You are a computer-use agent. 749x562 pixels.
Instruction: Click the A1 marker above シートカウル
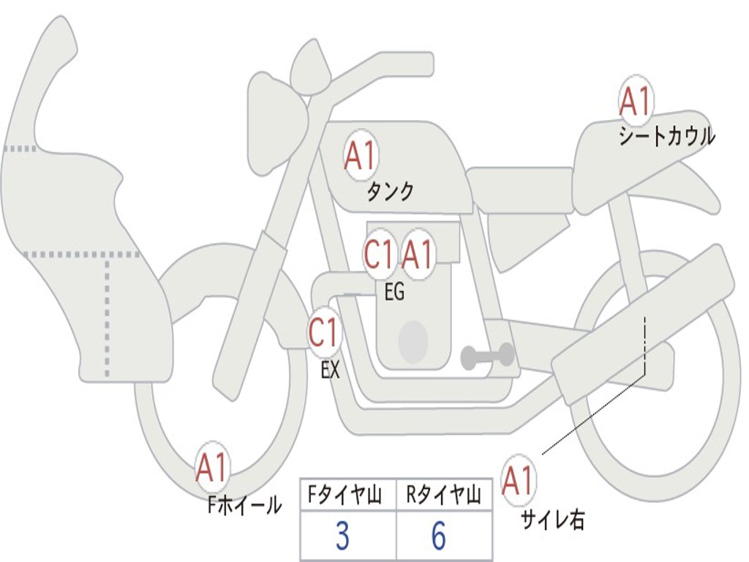point(636,102)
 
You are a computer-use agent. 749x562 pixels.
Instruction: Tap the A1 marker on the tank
point(360,156)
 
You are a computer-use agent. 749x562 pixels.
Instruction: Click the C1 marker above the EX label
point(324,333)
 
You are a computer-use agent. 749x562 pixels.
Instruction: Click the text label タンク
point(390,192)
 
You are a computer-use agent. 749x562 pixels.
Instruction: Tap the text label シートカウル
point(666,137)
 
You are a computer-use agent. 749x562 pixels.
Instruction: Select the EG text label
point(394,293)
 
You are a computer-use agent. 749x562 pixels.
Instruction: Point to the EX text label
point(331,370)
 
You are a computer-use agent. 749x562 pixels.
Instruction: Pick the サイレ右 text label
point(553,520)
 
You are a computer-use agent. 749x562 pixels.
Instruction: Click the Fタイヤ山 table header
point(343,497)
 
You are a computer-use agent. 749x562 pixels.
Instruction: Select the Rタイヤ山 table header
point(444,497)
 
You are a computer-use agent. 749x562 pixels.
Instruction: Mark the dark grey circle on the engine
point(413,341)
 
